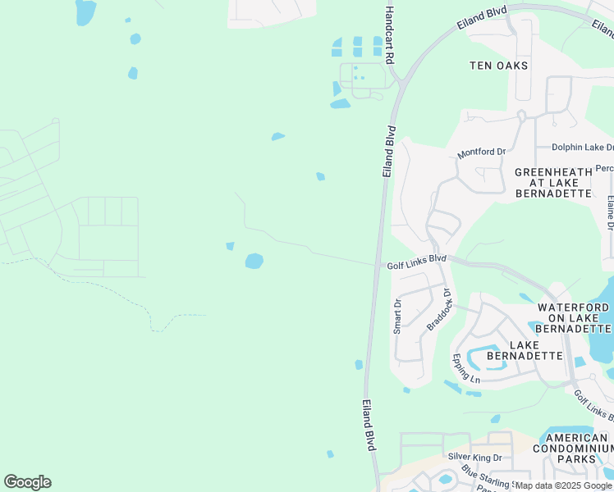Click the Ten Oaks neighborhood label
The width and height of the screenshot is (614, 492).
tap(498, 65)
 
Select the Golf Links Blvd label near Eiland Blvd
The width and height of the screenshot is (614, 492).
tap(416, 258)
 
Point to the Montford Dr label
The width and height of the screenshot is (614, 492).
tap(481, 153)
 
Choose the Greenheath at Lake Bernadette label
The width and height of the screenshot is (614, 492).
tap(553, 183)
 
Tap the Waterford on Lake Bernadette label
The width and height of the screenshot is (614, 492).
tap(574, 317)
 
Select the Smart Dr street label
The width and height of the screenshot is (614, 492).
tap(398, 315)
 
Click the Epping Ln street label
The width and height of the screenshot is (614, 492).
tap(465, 368)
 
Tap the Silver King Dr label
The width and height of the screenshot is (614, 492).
tap(474, 456)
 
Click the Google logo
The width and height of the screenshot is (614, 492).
tap(27, 482)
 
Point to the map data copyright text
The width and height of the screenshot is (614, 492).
tap(563, 485)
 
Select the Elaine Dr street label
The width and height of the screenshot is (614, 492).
tap(610, 211)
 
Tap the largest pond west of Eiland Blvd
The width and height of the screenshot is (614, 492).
tap(254, 262)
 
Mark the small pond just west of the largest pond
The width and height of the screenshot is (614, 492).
tap(230, 246)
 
